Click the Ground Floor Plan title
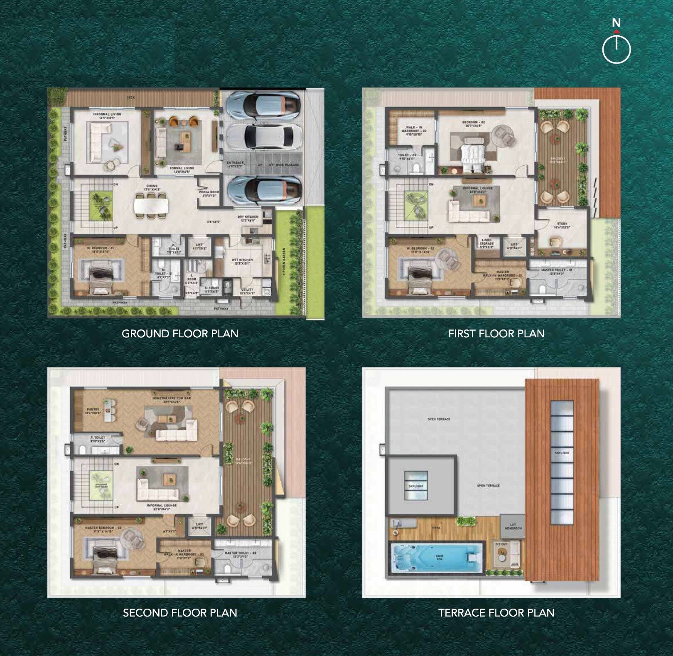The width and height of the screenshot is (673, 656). [x=180, y=334]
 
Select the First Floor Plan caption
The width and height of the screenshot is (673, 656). [x=496, y=334]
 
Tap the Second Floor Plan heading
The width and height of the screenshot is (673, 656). [x=180, y=613]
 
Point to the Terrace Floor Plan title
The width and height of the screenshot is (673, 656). [x=496, y=613]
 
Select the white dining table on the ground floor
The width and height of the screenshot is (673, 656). [x=151, y=204]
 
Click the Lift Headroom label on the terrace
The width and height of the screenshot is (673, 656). [x=513, y=526]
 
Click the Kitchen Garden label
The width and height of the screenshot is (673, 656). [x=284, y=262]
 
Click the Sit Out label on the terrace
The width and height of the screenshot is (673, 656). [x=501, y=544]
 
